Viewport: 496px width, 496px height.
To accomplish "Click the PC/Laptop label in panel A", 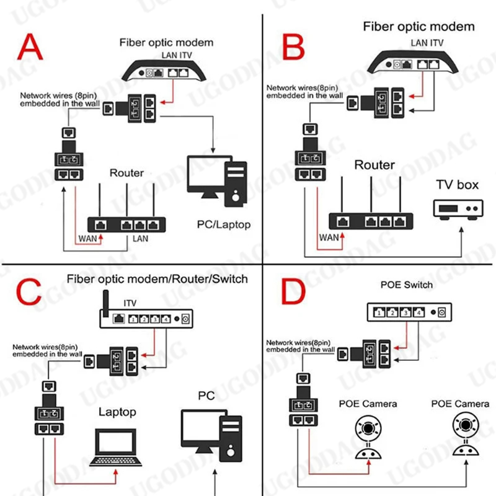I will point(223,224).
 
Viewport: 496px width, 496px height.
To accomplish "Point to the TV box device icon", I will point(458,210).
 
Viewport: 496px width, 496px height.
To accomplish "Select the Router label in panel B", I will point(374,166).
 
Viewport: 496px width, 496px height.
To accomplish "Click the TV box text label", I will point(458,185).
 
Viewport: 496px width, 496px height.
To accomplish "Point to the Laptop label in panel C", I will point(118,412).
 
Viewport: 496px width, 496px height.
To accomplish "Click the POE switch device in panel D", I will point(407,312).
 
